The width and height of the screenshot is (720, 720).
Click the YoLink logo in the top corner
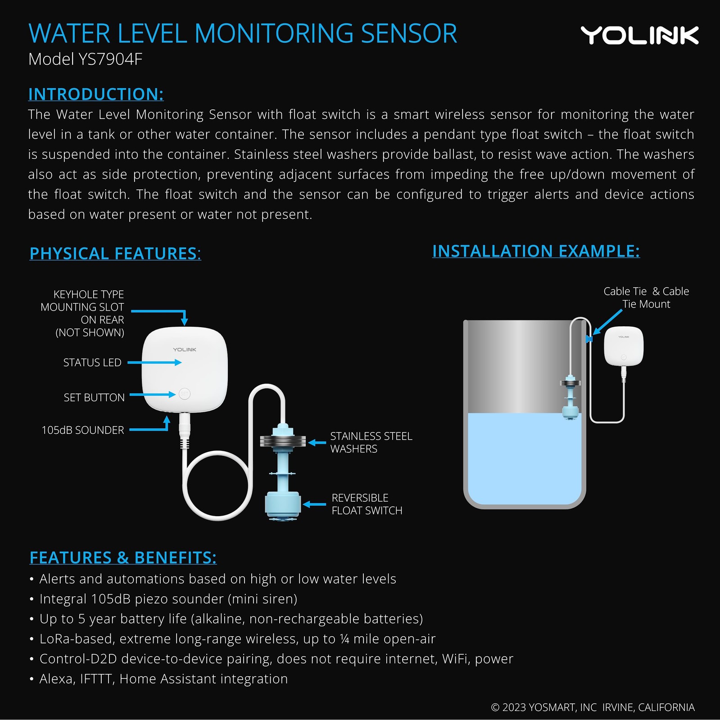point(639,35)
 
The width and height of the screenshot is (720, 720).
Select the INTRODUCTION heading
point(96,94)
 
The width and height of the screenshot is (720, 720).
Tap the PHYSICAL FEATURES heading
point(115,253)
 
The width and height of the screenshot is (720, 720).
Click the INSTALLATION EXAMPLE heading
point(536,251)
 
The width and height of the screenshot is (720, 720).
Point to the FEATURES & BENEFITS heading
point(123,558)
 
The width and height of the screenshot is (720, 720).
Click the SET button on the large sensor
point(185,394)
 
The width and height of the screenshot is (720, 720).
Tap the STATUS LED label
point(92,362)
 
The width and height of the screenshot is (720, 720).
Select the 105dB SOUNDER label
point(83,430)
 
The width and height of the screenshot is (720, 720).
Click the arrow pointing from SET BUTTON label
point(153,395)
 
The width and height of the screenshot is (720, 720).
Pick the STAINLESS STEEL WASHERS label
point(371,442)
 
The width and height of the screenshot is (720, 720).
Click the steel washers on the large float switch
point(282,441)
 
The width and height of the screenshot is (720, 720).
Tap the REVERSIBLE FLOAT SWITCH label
point(367,504)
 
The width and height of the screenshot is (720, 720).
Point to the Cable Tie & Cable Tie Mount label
point(646,297)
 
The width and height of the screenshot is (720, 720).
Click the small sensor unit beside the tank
point(623,346)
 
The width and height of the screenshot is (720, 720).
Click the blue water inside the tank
point(525,463)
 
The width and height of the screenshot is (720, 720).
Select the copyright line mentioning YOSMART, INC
point(593,707)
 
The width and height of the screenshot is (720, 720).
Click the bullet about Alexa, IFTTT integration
point(163,679)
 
